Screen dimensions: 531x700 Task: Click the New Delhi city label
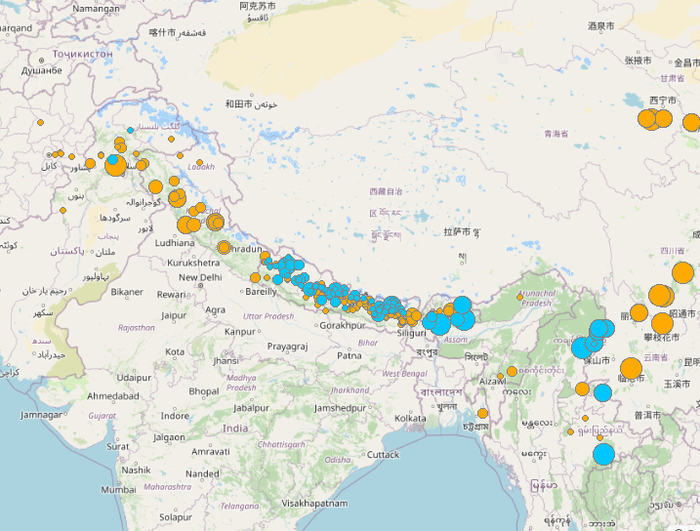(x=200, y=277)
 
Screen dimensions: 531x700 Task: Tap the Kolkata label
(x=410, y=418)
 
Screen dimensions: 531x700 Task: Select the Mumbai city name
(x=118, y=489)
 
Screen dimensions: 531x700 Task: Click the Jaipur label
(x=174, y=315)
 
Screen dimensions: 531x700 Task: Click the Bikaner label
(x=127, y=292)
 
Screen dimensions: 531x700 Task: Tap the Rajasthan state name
(x=137, y=328)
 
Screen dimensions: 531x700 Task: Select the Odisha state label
(x=338, y=460)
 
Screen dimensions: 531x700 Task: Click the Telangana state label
(x=240, y=506)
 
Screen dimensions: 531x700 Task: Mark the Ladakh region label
(x=201, y=167)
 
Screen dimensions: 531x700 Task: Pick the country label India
(x=234, y=428)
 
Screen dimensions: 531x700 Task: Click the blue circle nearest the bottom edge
(x=603, y=454)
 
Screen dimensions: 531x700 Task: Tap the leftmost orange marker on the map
(x=40, y=123)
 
